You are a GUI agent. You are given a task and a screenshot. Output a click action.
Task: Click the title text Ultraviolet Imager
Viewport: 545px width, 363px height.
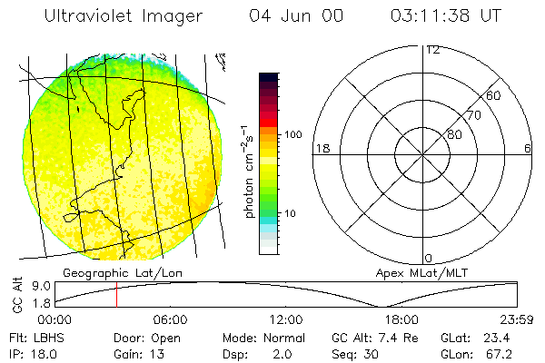[116, 15]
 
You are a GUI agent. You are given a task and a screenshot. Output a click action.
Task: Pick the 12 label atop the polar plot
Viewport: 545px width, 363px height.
[432, 49]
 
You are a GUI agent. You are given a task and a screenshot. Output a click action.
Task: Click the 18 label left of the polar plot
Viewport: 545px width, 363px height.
[321, 148]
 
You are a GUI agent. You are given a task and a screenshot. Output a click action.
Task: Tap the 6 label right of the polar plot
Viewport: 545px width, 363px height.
[528, 148]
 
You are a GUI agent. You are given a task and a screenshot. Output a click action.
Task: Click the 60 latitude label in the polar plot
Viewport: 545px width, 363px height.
[493, 95]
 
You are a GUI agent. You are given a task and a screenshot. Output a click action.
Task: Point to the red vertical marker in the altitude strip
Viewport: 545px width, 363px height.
[116, 295]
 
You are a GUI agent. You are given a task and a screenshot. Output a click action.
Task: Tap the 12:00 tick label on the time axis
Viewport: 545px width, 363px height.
[286, 319]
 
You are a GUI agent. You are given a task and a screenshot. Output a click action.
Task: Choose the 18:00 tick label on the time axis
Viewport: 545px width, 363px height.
[401, 319]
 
